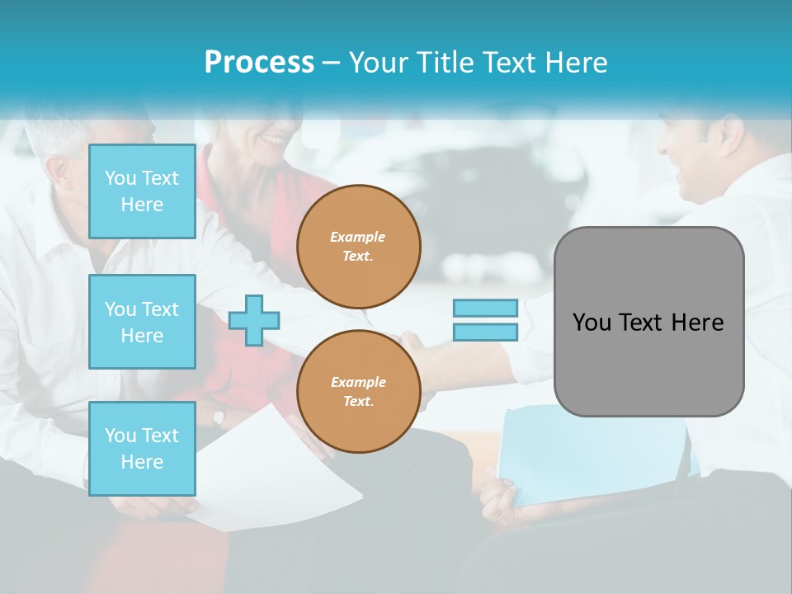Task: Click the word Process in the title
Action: (x=259, y=63)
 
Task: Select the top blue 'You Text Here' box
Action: (x=142, y=191)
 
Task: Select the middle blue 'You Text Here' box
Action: (x=142, y=322)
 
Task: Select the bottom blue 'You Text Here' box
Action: (x=142, y=448)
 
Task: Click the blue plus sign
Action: (x=254, y=320)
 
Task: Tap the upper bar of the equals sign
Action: (x=485, y=308)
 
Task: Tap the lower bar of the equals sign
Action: (x=485, y=332)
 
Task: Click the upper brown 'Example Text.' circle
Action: (x=358, y=246)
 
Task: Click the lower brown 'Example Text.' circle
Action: (x=358, y=391)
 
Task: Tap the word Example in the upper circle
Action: (x=358, y=237)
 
